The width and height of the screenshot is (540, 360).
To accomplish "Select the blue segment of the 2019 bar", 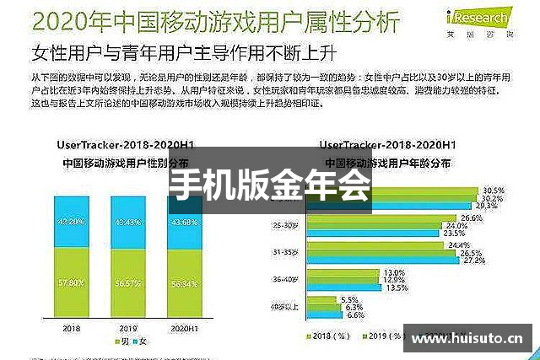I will (x=129, y=222).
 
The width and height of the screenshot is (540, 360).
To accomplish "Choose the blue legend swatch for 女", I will (x=137, y=341).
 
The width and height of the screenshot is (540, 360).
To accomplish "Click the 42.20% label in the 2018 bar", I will (x=70, y=222).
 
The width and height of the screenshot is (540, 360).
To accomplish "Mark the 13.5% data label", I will (x=396, y=287).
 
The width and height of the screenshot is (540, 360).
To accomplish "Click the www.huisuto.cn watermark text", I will (x=467, y=339).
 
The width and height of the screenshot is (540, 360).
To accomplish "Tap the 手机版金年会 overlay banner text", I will (x=269, y=185).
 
